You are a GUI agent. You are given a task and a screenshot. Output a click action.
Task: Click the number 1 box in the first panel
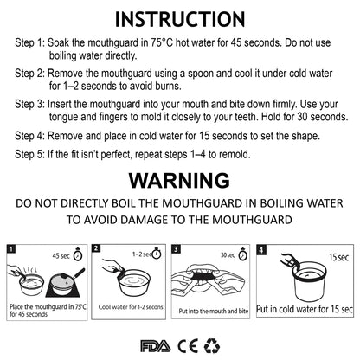12,248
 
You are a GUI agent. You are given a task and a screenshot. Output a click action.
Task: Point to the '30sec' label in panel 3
227,255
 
